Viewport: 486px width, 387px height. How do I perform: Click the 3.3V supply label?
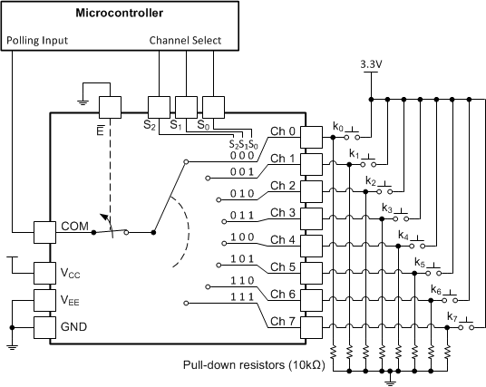tap(371, 64)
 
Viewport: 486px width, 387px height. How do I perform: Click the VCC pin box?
tap(45, 272)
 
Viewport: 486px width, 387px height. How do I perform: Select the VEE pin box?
tap(45, 299)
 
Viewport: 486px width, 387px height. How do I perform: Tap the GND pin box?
tap(45, 326)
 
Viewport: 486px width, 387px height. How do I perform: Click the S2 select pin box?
tap(160, 107)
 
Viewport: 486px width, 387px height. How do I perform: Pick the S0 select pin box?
tap(213, 107)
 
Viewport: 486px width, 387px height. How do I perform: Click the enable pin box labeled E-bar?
tap(109, 107)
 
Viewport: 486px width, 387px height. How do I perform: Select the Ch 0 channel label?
tap(283, 131)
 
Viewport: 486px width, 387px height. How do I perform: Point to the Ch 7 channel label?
tap(283, 321)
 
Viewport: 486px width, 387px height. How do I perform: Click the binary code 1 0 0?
tap(242, 237)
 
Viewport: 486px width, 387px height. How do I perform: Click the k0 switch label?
tap(337, 128)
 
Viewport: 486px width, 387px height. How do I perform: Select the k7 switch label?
tap(452, 315)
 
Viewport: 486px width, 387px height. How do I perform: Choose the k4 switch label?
tap(403, 235)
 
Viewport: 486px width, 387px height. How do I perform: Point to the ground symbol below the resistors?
tap(390, 381)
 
